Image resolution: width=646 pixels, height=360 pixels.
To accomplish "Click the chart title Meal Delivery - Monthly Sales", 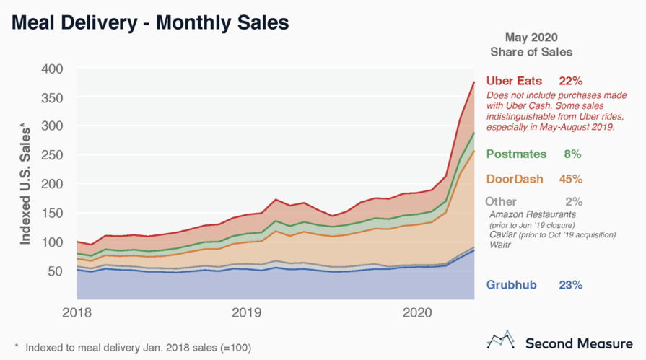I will [x=149, y=23].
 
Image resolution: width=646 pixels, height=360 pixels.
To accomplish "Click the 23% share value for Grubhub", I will [x=570, y=285].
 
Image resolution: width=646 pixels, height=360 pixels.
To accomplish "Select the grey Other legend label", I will [x=501, y=202].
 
